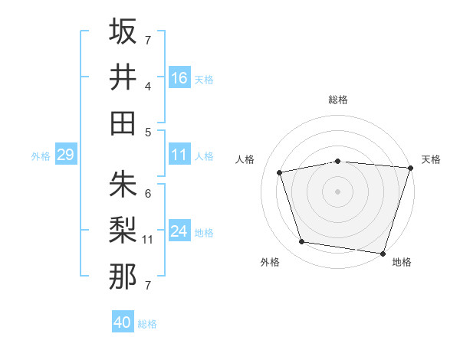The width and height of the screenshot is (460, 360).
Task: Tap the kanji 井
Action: pyautogui.click(x=123, y=77)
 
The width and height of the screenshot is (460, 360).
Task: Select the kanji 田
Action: pyautogui.click(x=123, y=123)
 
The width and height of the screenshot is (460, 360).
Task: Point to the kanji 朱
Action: pyautogui.click(x=123, y=185)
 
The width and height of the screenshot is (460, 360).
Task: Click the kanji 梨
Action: pyautogui.click(x=123, y=231)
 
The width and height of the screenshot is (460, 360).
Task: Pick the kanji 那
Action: pyautogui.click(x=123, y=277)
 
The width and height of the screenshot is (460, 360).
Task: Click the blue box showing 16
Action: pyautogui.click(x=179, y=77)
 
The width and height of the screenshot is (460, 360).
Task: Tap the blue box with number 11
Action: pyautogui.click(x=179, y=155)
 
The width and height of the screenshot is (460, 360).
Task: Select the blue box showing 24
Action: pyautogui.click(x=179, y=231)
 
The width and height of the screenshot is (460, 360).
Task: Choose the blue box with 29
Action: pyautogui.click(x=65, y=155)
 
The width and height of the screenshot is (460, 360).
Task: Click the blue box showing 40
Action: pyautogui.click(x=123, y=322)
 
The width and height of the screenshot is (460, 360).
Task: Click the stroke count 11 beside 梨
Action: pyautogui.click(x=148, y=240)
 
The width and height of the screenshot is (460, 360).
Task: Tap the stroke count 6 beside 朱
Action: pyautogui.click(x=148, y=193)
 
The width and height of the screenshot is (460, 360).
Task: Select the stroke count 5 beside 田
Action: pyautogui.click(x=148, y=132)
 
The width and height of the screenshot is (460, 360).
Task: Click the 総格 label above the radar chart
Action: pyautogui.click(x=338, y=100)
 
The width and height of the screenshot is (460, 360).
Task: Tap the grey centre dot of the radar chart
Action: pyautogui.click(x=337, y=191)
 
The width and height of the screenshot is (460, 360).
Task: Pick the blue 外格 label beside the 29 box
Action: pyautogui.click(x=41, y=156)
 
